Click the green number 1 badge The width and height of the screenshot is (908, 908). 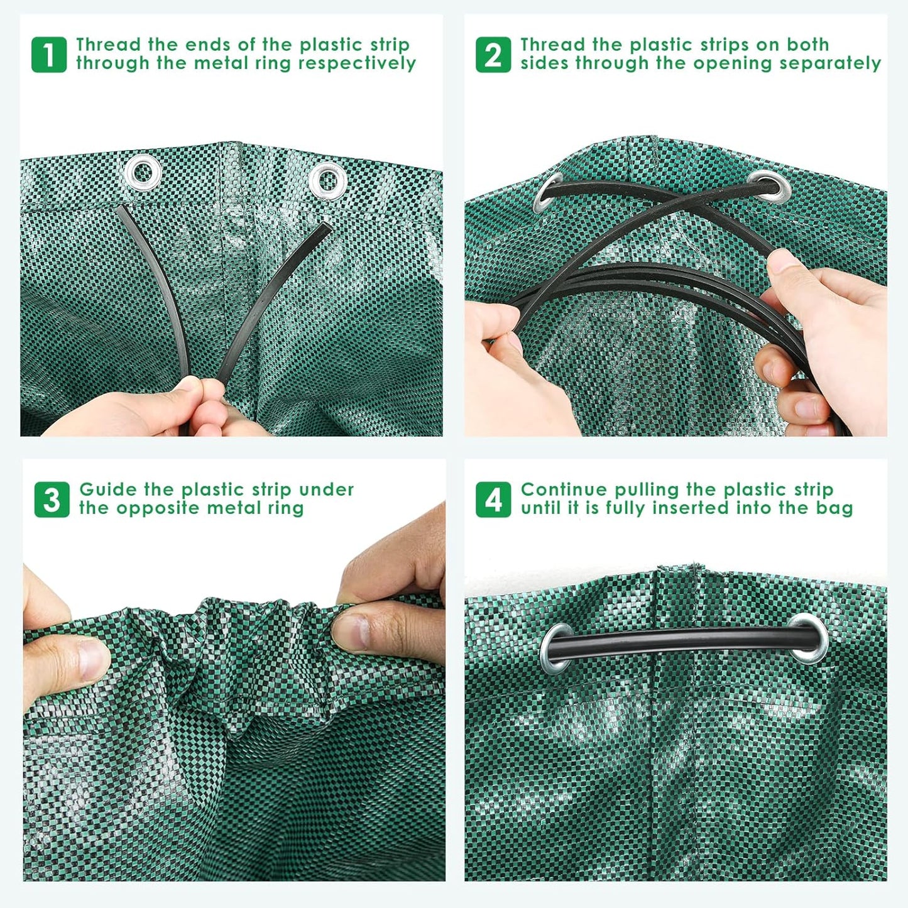point(49,55)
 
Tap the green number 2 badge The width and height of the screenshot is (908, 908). point(493,55)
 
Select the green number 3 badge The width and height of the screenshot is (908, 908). point(52,500)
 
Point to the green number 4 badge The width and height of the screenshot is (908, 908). point(493,500)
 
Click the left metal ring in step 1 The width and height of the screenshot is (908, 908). point(143,171)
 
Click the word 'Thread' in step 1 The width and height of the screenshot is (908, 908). point(109,45)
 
